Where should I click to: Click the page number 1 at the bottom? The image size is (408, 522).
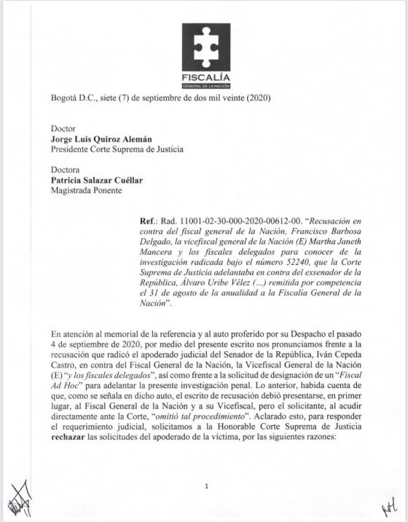click(x=208, y=486)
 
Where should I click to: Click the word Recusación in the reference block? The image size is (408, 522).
click(x=341, y=220)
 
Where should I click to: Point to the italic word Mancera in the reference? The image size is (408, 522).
click(x=158, y=256)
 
